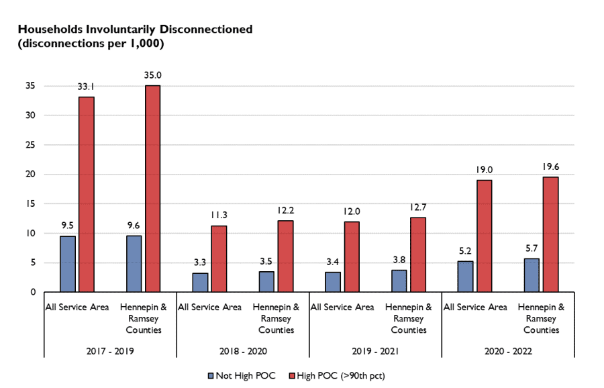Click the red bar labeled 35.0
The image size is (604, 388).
pos(152,189)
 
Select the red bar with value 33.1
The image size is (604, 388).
pos(86,195)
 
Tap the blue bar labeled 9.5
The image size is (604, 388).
pos(67,264)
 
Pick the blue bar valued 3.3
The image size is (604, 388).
pos(200,282)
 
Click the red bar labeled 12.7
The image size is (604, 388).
pos(417,254)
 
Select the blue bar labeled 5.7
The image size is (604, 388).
pos(532,275)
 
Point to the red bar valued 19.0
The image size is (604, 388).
pos(484,236)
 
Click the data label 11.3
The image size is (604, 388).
pos(219,215)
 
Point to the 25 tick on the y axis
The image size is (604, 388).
pos(31,145)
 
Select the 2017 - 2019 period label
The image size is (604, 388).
pos(109,351)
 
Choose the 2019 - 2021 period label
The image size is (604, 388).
pos(374,351)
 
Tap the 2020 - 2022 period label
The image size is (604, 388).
pos(507,351)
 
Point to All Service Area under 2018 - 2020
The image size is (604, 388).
pos(209,307)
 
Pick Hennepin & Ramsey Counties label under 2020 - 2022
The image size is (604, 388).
pos(541,318)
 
